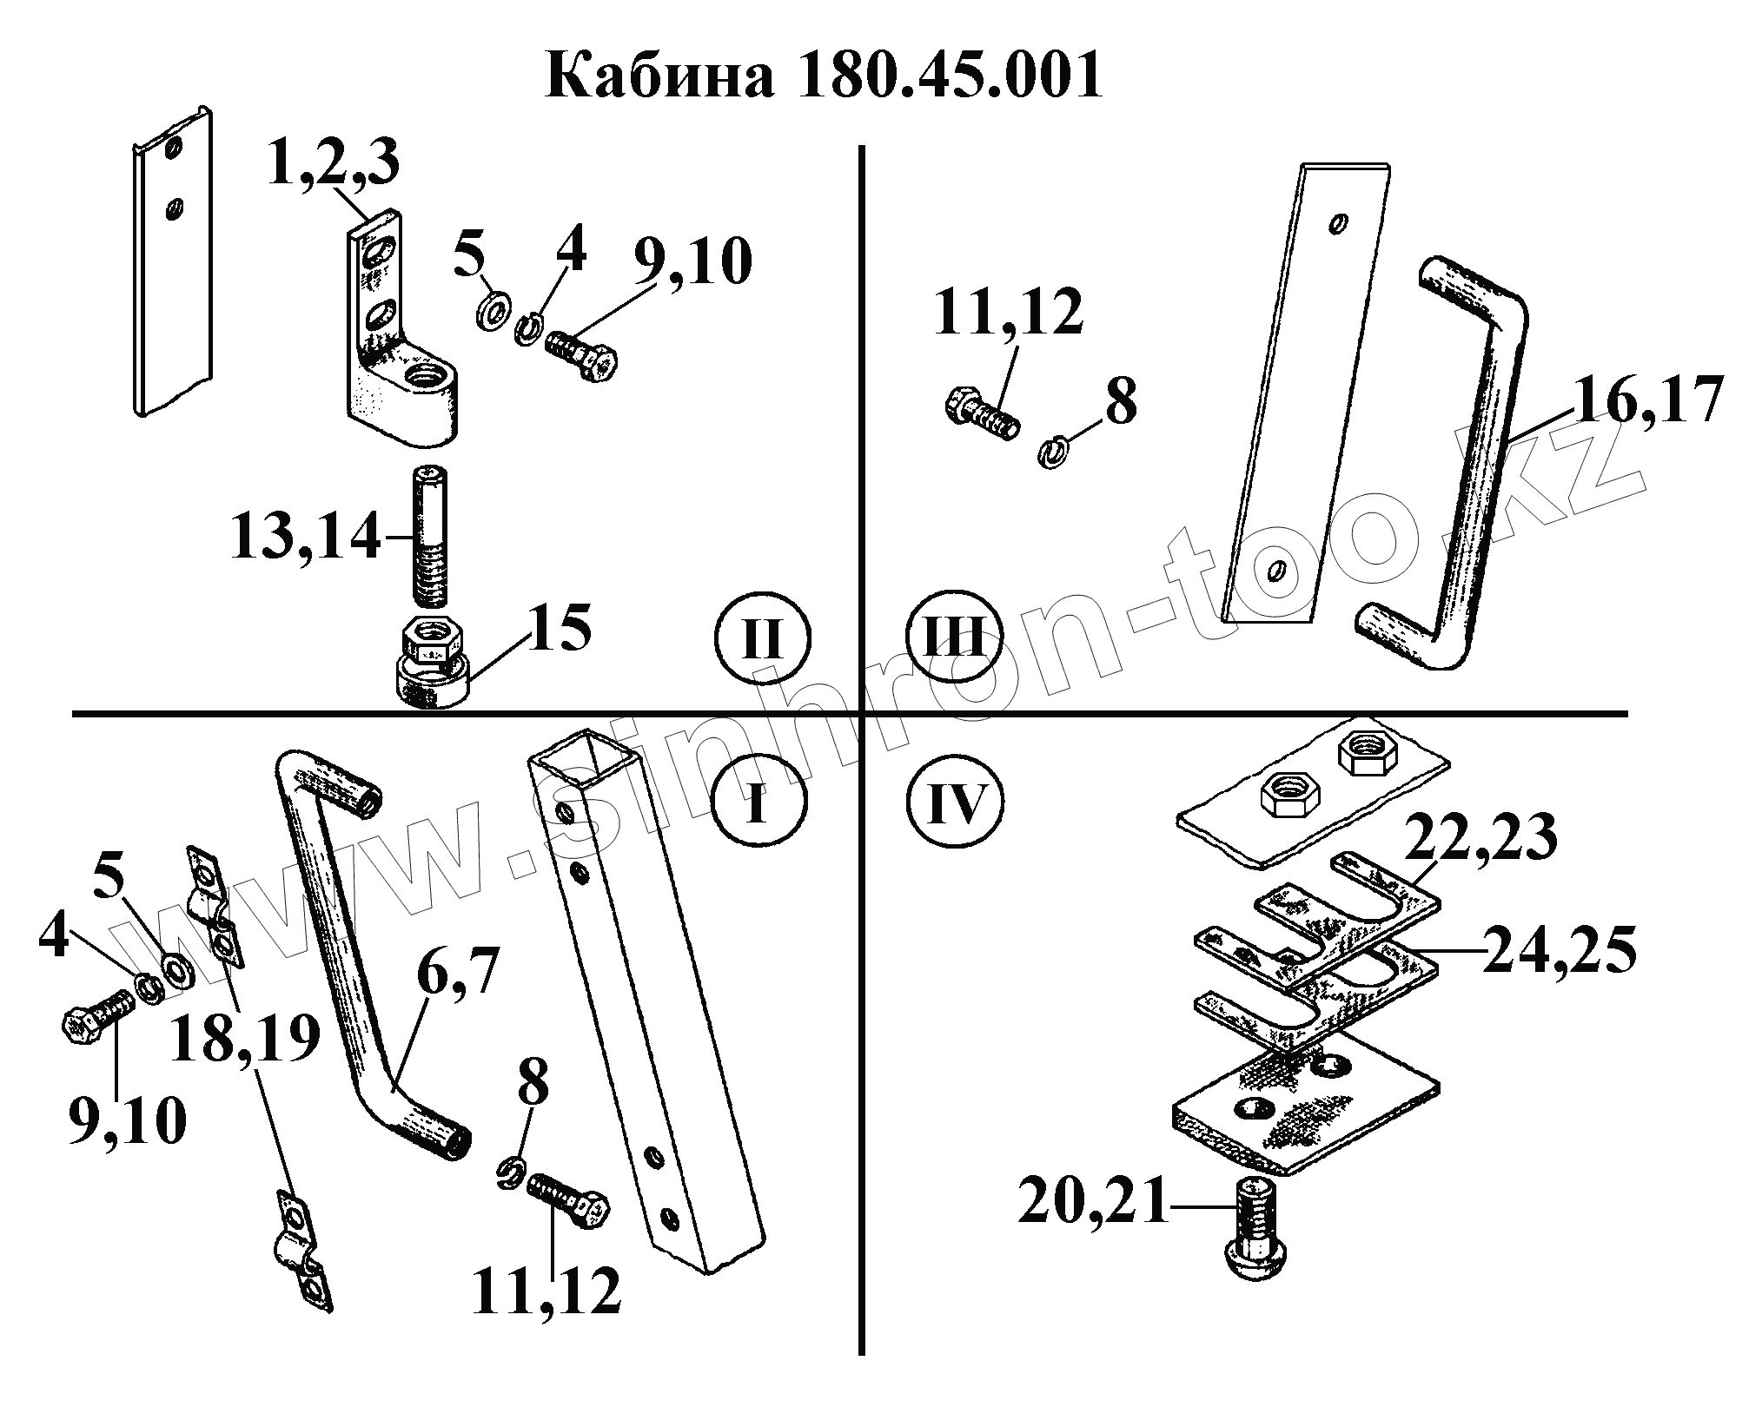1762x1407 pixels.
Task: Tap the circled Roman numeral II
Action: coord(762,640)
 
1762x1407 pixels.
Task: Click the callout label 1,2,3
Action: coord(333,166)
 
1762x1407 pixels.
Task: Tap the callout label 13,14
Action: coord(306,538)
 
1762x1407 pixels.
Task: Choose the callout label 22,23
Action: coord(1480,839)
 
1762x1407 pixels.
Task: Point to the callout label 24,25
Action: coord(1560,949)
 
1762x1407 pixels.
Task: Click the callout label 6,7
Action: coord(457,975)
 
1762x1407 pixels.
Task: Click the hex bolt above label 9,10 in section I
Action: coord(97,1021)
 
